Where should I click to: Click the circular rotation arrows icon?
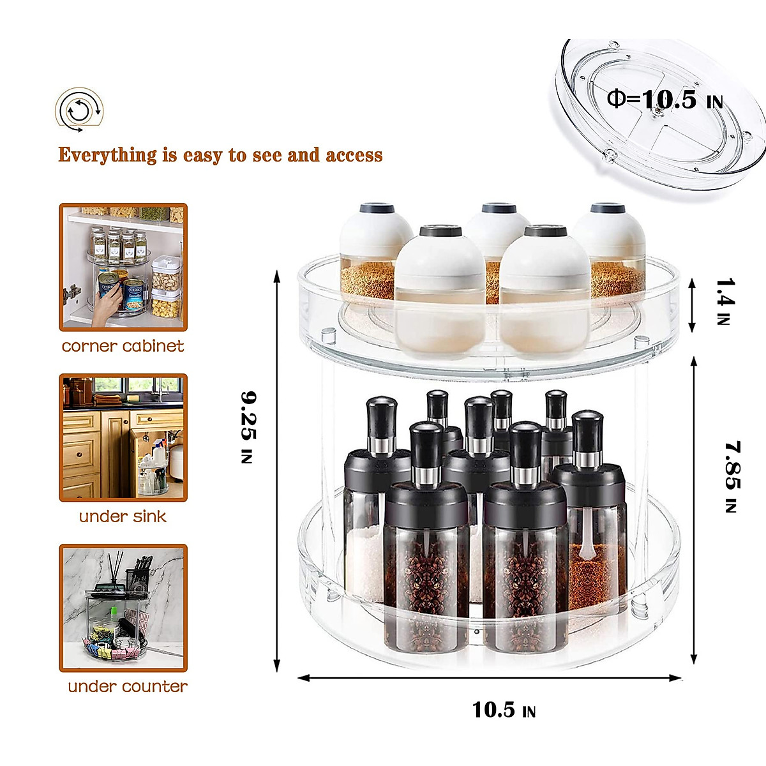pos(79,110)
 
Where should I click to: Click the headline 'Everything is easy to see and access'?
pos(220,155)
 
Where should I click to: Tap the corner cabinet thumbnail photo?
pos(123,267)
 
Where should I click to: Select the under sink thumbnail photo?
pos(123,437)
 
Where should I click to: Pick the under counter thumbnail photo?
pos(123,608)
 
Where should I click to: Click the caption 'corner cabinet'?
pos(123,346)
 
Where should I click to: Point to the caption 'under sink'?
pos(123,516)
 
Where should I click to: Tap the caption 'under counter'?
pos(128,687)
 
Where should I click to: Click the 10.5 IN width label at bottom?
pos(504,710)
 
